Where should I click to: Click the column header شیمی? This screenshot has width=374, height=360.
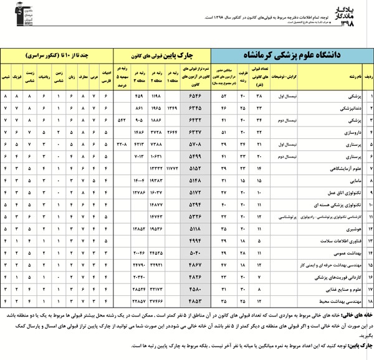tap(6, 78)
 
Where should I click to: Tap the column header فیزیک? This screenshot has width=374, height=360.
tap(18, 78)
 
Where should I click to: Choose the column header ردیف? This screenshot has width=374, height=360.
tap(368, 78)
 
